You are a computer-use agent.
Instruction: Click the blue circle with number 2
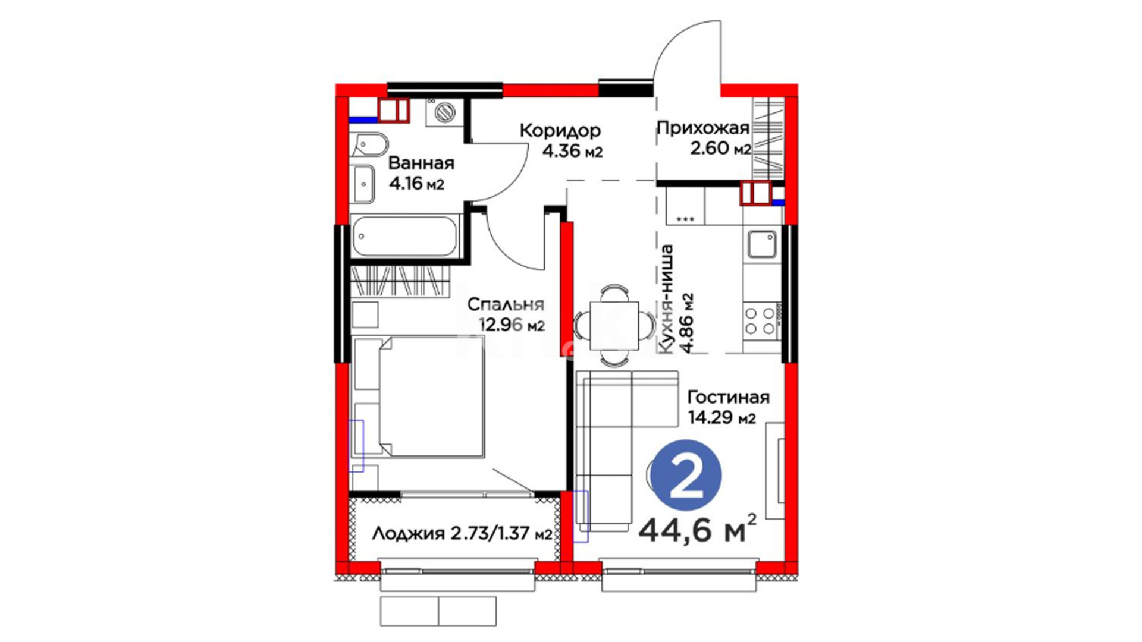686,475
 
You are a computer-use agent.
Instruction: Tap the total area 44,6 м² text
698,529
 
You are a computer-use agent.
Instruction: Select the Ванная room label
421,163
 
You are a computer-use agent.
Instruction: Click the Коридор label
560,130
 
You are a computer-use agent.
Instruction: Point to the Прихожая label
703,127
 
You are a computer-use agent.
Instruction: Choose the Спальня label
506,304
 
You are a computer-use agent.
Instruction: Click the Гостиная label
729,396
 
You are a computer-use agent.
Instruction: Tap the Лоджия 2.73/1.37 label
462,533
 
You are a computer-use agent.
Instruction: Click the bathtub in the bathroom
405,237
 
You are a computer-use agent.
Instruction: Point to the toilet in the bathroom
369,144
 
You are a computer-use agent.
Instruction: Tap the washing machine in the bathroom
444,112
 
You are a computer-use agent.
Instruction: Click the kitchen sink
762,244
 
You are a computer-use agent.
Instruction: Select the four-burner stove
761,320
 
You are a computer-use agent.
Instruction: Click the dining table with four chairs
615,326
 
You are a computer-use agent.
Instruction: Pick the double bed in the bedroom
418,396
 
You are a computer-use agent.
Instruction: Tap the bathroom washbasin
363,184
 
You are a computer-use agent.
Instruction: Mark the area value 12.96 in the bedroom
501,325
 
